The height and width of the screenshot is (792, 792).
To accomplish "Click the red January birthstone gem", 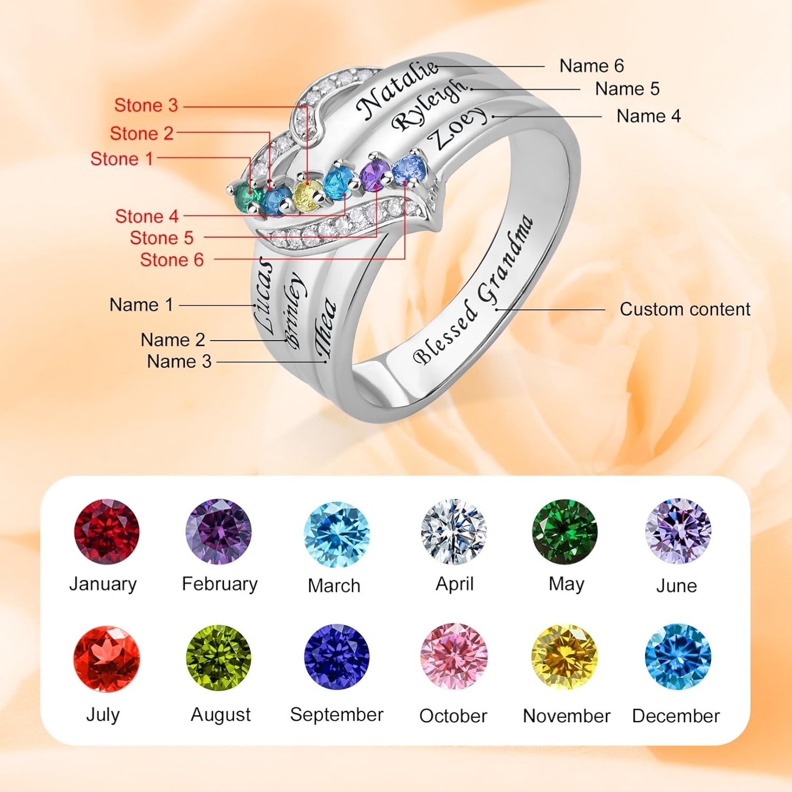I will (107, 532).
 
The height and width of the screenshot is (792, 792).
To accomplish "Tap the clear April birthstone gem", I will (454, 532).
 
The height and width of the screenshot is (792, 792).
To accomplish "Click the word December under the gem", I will (676, 715).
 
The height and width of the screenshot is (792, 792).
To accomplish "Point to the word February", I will (220, 583).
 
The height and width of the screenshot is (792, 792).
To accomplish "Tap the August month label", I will (221, 714).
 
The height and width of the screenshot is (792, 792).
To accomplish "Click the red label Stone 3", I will (146, 105).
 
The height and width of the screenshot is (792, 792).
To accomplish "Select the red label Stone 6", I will (172, 259).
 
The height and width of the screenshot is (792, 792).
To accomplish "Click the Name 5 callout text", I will (627, 89).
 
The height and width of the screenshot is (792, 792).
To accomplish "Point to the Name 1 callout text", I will (141, 305).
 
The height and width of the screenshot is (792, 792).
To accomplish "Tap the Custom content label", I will (685, 309).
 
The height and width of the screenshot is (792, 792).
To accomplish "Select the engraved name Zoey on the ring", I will (457, 128).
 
